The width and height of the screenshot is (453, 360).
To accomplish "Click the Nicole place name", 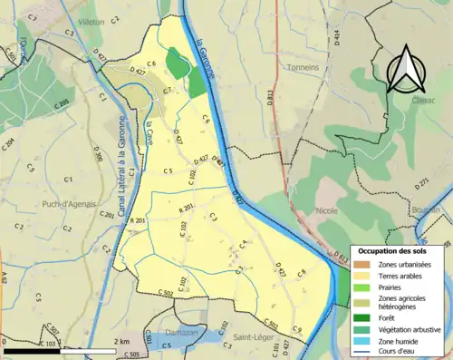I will tap(326, 210).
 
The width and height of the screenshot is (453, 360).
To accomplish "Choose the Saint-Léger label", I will tap(249, 339).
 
